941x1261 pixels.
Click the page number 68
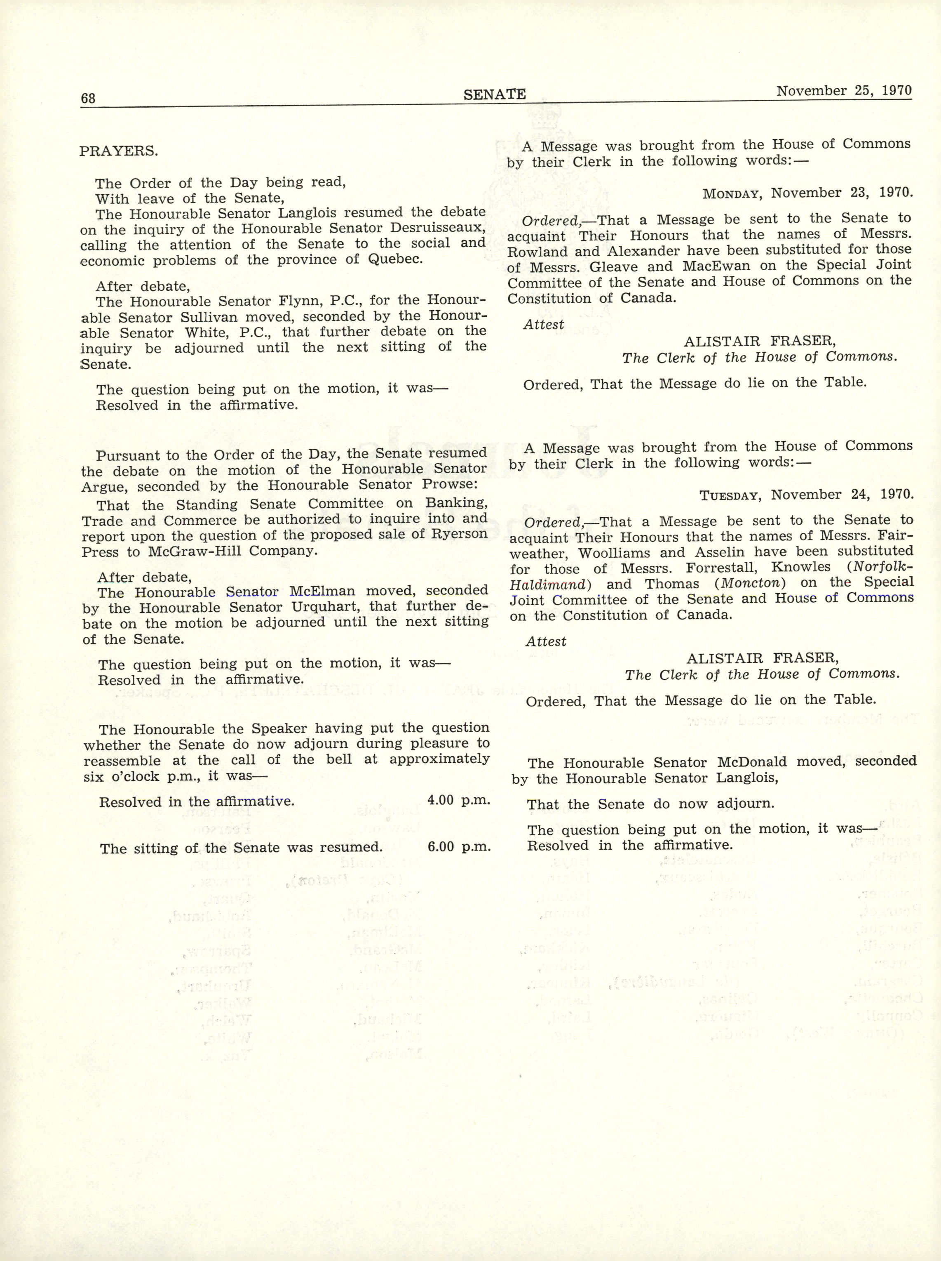coord(88,98)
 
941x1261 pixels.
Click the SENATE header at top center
coord(495,94)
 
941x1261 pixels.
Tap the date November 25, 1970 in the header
coord(844,91)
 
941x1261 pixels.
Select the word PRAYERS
coord(118,151)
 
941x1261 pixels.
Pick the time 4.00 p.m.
coord(458,800)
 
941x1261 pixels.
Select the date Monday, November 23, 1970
coord(807,193)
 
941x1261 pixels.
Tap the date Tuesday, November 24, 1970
coord(807,494)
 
